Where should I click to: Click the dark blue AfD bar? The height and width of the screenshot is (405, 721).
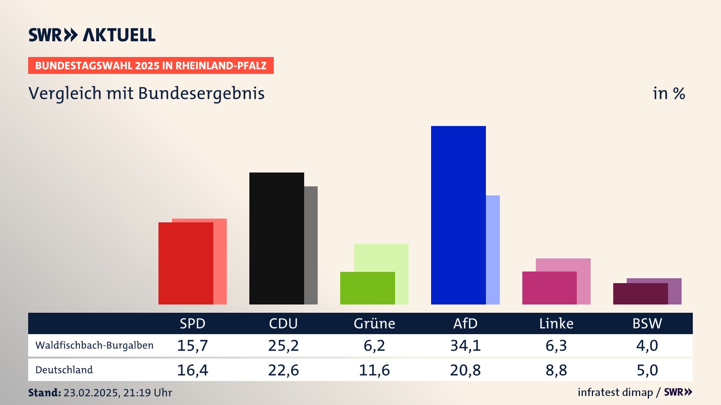[x=458, y=215]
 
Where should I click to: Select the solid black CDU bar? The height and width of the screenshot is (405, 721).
[x=276, y=238]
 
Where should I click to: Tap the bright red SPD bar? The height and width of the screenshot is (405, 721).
[x=186, y=263]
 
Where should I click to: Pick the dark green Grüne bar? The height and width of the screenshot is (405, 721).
[x=367, y=288]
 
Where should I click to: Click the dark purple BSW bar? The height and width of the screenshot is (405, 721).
[x=640, y=294]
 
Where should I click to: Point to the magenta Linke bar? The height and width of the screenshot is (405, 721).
[x=549, y=288]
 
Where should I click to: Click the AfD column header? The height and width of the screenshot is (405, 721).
[x=465, y=323]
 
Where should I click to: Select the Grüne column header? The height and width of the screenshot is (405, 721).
[x=374, y=323]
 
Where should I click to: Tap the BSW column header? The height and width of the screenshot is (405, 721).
[x=647, y=323]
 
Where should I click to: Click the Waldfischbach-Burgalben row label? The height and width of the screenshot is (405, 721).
[x=94, y=345]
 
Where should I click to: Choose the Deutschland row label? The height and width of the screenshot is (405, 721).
[x=64, y=370]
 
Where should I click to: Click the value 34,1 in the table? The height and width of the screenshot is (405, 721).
[x=465, y=345]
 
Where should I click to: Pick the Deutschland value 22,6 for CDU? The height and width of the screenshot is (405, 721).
[x=283, y=370]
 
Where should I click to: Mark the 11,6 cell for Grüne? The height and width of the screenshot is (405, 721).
[x=374, y=370]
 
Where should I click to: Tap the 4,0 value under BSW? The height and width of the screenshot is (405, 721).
[x=647, y=345]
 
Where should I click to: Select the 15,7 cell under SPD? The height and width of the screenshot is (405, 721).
[x=192, y=345]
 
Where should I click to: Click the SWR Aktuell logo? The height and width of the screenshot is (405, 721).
[x=92, y=35]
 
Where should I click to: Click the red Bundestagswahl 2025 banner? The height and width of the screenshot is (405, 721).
[x=151, y=66]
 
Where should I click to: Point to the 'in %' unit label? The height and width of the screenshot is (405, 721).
[x=669, y=93]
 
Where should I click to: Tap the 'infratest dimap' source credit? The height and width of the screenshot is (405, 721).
[x=615, y=392]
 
